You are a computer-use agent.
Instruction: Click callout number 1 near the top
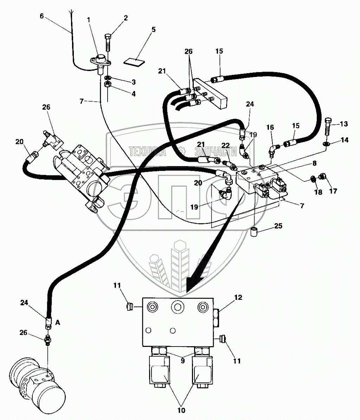[x=89, y=20]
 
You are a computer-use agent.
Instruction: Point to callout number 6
[x=42, y=16]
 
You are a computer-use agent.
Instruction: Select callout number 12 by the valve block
[x=238, y=297]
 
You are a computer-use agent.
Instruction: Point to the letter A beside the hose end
[x=58, y=323]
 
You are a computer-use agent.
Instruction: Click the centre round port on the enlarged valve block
[x=177, y=307]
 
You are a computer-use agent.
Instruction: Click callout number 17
[x=333, y=191]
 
